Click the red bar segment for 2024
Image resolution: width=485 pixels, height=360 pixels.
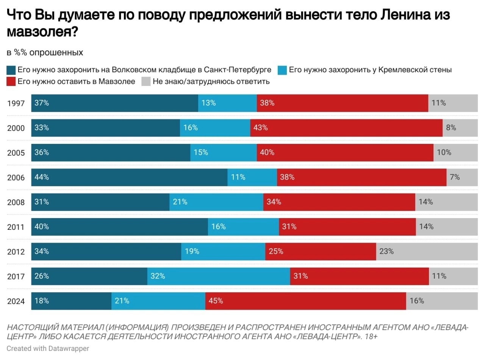pyautogui.click(x=305, y=301)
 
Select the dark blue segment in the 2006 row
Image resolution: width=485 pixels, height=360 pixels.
pyautogui.click(x=129, y=177)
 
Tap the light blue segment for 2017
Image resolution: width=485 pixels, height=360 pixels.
pyautogui.click(x=219, y=276)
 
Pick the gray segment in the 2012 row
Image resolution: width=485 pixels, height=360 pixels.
pyautogui.click(x=427, y=251)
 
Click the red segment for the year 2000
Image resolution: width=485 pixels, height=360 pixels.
pyautogui.click(x=346, y=128)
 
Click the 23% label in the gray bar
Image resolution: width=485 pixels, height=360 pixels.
pyautogui.click(x=387, y=251)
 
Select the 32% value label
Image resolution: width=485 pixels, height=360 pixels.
pyautogui.click(x=158, y=276)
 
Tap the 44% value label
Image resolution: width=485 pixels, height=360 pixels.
pyautogui.click(x=42, y=177)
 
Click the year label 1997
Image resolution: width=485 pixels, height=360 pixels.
pyautogui.click(x=16, y=103)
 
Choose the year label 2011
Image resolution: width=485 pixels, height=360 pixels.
pyautogui.click(x=16, y=227)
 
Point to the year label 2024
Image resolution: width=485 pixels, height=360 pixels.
pyautogui.click(x=16, y=301)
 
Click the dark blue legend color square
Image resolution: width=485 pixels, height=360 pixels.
pyautogui.click(x=11, y=70)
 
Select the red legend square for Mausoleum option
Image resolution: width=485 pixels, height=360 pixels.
pyautogui.click(x=11, y=81)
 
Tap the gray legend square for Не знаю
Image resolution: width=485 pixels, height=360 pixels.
pyautogui.click(x=146, y=81)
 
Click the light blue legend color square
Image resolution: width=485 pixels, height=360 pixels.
pyautogui.click(x=282, y=70)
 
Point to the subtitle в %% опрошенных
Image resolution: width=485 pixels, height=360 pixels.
pyautogui.click(x=45, y=53)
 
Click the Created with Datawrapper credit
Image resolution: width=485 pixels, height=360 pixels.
pyautogui.click(x=48, y=349)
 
